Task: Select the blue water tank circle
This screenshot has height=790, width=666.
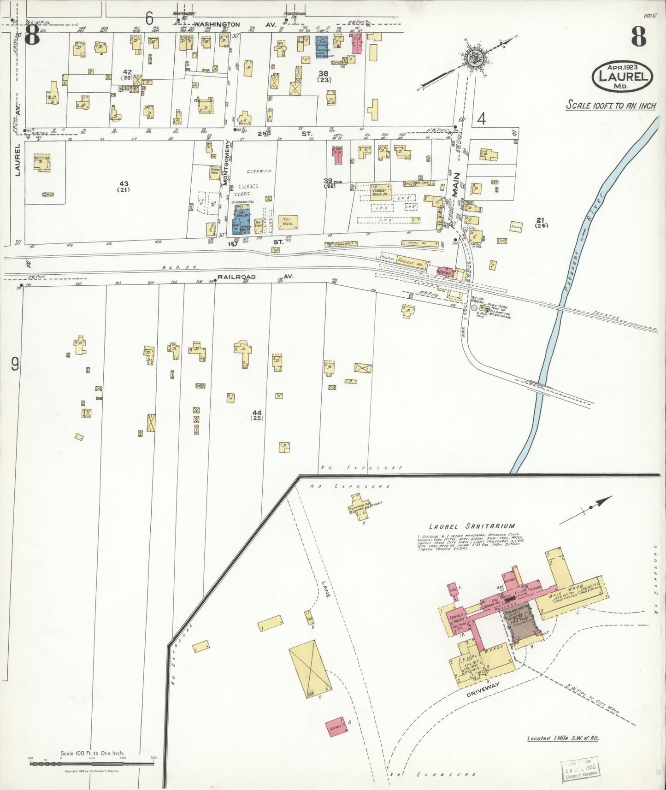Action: pos(473,307)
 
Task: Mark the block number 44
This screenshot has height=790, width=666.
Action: pos(257,414)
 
